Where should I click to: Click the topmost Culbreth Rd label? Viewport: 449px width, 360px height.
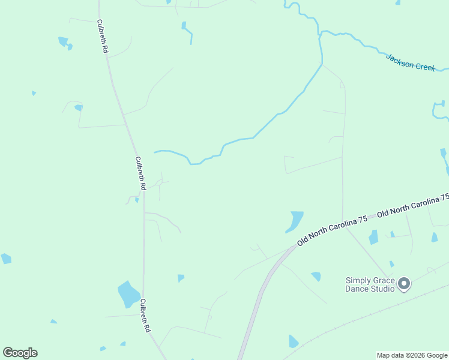[x=102, y=37]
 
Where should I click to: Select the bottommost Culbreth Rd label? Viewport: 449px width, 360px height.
[x=145, y=316]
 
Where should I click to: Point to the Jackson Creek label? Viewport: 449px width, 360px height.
[x=411, y=62]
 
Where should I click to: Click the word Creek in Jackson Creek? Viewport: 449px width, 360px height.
[x=425, y=66]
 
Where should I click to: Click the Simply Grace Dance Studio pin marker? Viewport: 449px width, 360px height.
[x=404, y=283]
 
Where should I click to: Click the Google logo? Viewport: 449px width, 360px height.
[x=20, y=353]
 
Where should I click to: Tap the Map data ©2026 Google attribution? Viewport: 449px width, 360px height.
[x=412, y=355]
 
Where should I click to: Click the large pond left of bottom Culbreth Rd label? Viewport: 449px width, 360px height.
[x=128, y=293]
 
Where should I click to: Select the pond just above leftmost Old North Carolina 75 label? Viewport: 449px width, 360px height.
[x=294, y=221]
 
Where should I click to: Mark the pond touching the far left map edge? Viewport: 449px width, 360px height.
[x=6, y=259]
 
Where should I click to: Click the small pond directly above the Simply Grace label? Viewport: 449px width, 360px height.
[x=391, y=263]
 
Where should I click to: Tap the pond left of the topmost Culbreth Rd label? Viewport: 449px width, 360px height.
[x=63, y=41]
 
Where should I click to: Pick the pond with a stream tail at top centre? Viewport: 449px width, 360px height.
[x=184, y=26]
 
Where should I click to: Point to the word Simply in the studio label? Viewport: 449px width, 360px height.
[x=357, y=280]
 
